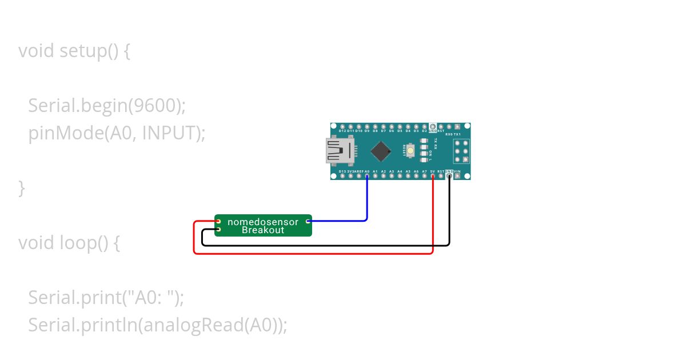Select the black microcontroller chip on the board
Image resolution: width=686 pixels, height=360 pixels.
(x=381, y=151)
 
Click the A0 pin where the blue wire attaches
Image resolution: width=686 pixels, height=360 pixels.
(x=367, y=176)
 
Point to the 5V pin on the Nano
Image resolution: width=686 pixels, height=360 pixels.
(x=433, y=176)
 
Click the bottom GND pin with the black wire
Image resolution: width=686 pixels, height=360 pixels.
(x=449, y=176)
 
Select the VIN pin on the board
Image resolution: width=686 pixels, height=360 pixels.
(x=457, y=176)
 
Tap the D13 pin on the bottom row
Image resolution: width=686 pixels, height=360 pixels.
(x=342, y=176)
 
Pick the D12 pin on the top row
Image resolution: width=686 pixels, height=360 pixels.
(x=342, y=126)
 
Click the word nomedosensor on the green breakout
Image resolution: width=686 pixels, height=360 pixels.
(x=263, y=222)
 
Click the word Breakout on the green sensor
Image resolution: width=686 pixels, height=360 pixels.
(x=263, y=230)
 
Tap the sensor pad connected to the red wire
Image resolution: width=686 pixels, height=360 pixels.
(x=218, y=221)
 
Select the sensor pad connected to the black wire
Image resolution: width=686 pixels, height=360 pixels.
(x=218, y=230)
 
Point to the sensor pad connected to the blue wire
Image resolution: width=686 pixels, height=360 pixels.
(x=308, y=221)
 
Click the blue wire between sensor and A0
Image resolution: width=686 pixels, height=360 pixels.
(x=366, y=200)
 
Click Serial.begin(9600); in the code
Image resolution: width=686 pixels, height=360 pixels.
(x=107, y=106)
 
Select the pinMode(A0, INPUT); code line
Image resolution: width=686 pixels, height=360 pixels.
(x=117, y=133)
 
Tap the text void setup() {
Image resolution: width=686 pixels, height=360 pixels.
(x=74, y=51)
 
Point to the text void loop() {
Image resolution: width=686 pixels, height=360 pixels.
(x=69, y=243)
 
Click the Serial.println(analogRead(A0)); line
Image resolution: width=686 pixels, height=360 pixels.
(x=157, y=325)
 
